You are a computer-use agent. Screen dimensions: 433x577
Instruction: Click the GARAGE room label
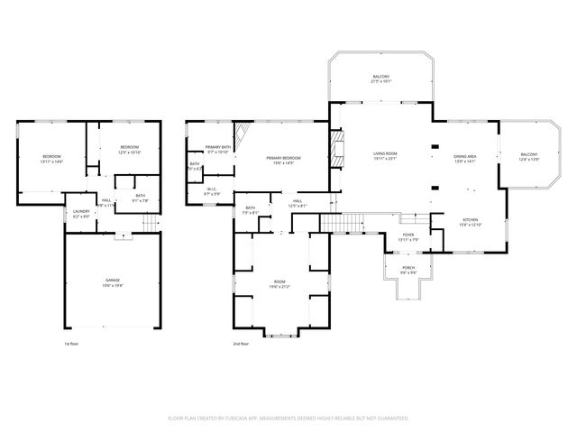tap(111, 281)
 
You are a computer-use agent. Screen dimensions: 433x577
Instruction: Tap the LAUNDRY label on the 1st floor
tap(81, 214)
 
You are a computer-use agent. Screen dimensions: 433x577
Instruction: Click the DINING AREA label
tap(465, 158)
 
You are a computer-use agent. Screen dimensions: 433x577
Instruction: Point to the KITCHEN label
tap(471, 222)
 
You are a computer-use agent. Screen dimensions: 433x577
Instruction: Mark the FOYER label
tap(408, 236)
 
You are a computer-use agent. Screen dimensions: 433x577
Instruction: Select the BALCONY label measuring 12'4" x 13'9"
tap(529, 158)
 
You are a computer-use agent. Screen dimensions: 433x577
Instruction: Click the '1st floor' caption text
tap(71, 344)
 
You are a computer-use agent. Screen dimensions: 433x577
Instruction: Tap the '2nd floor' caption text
tap(241, 344)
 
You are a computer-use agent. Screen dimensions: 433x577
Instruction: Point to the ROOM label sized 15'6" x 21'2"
tap(279, 284)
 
